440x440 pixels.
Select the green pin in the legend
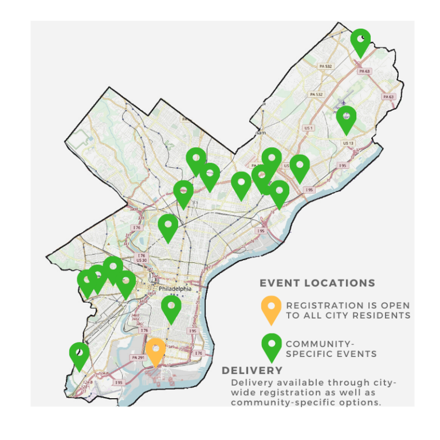point(271,345)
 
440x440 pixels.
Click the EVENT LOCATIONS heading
point(317,283)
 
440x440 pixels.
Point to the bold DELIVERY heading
point(252,371)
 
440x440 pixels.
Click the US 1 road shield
point(308,128)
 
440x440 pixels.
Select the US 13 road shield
point(347,143)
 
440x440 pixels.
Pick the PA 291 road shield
point(137,357)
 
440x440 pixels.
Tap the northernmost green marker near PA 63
point(360,41)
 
